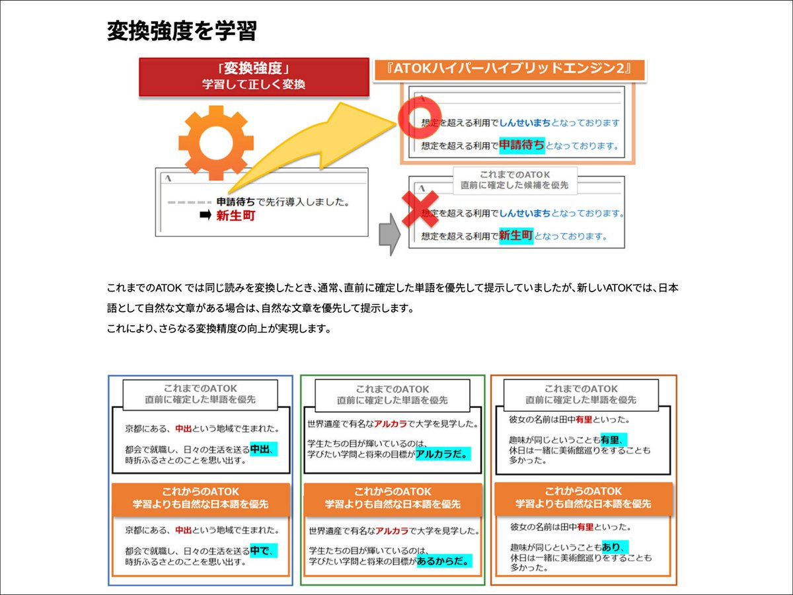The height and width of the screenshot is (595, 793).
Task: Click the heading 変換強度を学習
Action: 181,31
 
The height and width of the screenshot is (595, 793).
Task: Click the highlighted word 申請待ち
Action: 521,145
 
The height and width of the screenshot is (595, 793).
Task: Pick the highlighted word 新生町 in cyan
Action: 515,235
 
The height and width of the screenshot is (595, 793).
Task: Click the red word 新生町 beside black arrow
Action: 235,216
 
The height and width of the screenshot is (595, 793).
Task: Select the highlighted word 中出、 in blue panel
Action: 262,450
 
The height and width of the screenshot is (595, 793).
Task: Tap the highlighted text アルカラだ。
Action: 442,454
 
